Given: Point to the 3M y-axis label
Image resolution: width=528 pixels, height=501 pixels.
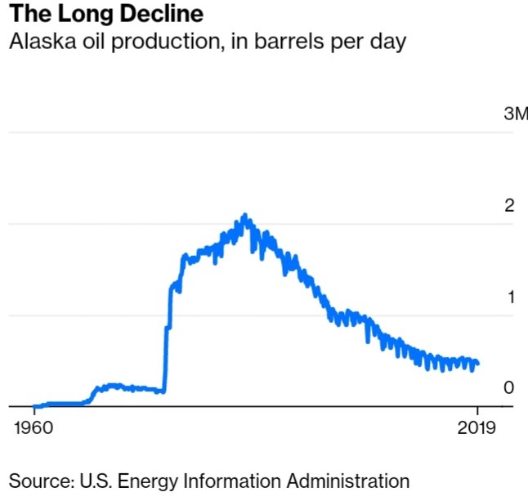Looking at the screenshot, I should (x=516, y=114).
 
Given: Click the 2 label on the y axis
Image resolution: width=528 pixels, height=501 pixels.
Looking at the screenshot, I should (x=509, y=204).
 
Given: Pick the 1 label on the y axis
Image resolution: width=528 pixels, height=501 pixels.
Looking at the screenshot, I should (x=510, y=296).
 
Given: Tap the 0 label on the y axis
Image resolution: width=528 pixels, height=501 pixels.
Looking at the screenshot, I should (x=509, y=387).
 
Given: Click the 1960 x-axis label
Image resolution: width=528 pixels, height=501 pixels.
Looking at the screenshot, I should (x=34, y=428).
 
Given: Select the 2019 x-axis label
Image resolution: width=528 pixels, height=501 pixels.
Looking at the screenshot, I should (x=477, y=428).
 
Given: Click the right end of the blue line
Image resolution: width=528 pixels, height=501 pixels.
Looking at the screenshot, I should (x=477, y=363).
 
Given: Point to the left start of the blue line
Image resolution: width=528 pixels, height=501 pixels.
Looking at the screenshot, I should (x=34, y=405).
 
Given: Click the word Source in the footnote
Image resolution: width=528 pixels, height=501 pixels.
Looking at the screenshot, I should (x=39, y=481).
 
